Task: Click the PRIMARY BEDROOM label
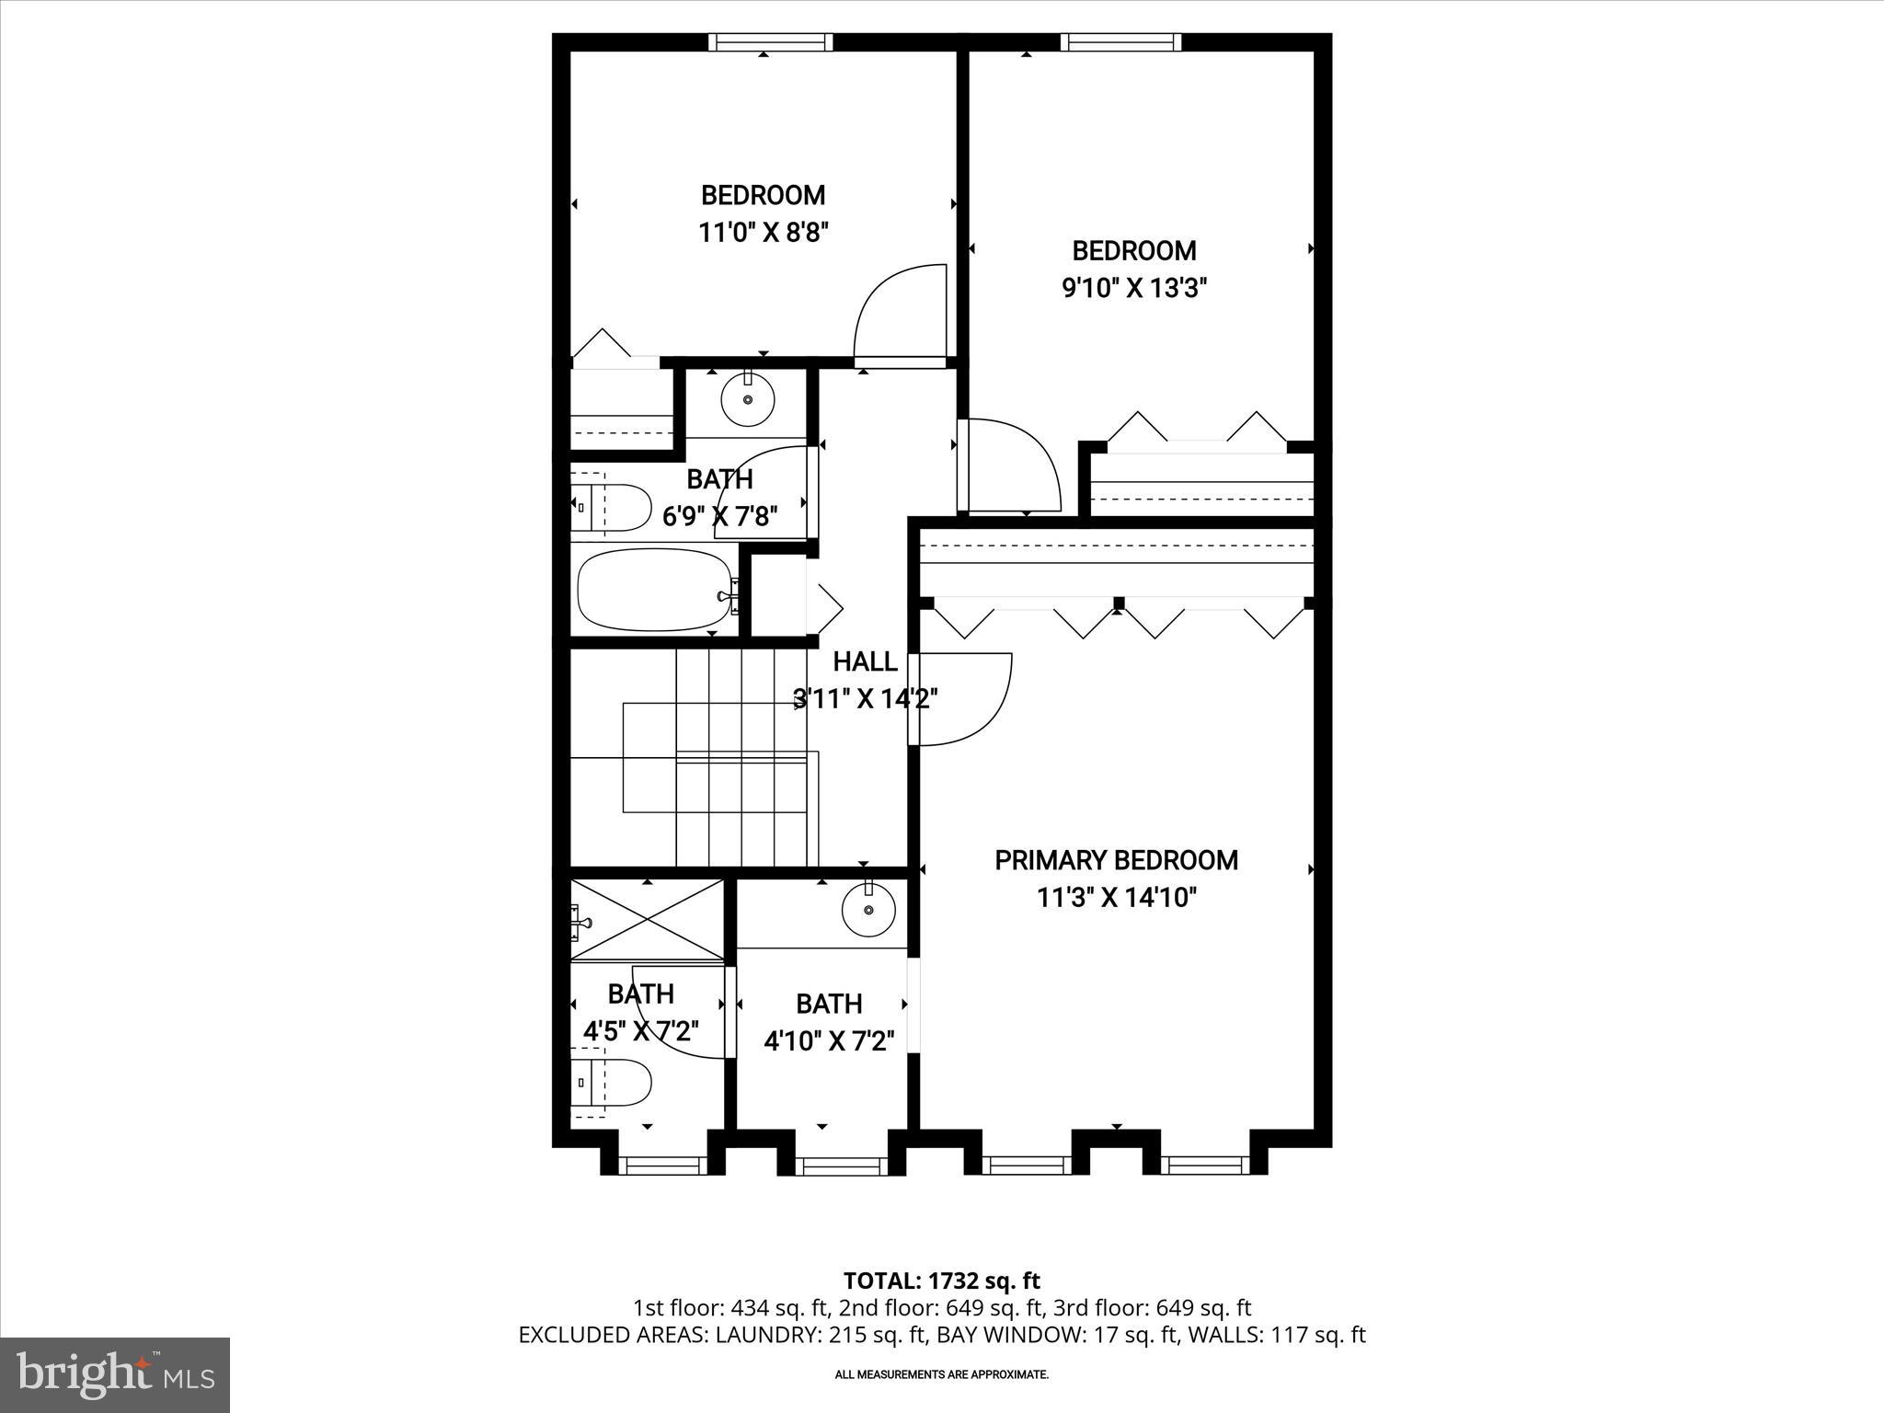click(1116, 860)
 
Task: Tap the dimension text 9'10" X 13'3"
click(1133, 289)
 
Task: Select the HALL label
click(865, 661)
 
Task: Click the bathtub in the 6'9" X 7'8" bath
click(655, 590)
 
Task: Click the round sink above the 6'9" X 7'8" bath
click(747, 399)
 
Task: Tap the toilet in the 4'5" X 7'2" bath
click(611, 1085)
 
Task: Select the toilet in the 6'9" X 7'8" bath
click(611, 507)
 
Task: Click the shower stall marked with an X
click(648, 921)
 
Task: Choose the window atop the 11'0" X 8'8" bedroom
click(770, 42)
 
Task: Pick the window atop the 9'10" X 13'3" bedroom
click(1120, 42)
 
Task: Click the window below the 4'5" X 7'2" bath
click(662, 1166)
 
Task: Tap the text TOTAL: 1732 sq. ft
click(941, 1281)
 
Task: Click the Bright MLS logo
click(115, 1374)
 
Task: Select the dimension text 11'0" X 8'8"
click(764, 232)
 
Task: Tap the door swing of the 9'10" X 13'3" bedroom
click(1008, 467)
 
